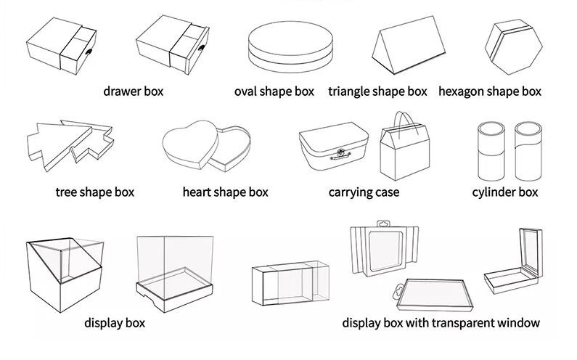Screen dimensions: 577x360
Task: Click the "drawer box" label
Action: (134, 91)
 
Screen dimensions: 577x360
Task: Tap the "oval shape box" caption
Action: (274, 91)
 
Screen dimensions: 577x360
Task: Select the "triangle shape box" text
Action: (377, 91)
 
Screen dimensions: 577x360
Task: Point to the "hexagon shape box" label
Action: (490, 91)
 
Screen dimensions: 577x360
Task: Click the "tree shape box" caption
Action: (95, 192)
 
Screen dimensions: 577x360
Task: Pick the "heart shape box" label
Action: (225, 192)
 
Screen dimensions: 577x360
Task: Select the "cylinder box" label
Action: (505, 192)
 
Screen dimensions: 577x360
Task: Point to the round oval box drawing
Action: (290, 46)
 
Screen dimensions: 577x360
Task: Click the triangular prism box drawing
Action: (408, 45)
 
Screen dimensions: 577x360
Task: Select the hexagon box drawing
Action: (514, 46)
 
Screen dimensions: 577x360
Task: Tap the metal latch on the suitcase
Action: (340, 155)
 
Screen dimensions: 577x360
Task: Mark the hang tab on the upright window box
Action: (383, 224)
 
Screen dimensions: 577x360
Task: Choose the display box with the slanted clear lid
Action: (65, 274)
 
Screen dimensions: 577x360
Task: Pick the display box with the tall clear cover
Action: (175, 274)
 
